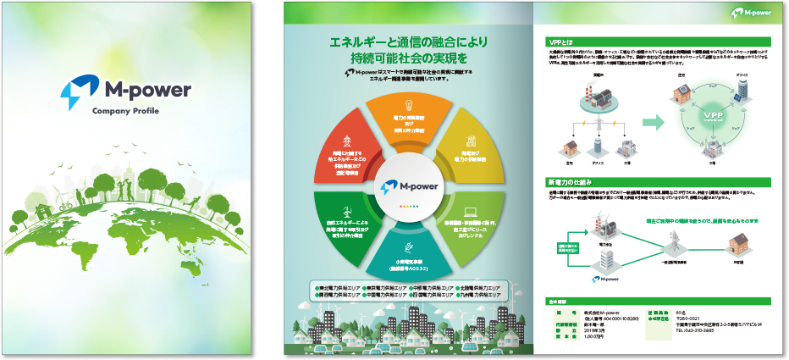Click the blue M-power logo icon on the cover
[74, 90]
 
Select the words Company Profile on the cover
[125, 111]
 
